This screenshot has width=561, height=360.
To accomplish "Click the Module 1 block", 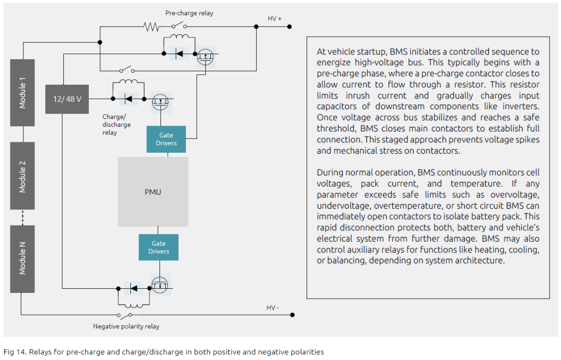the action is pyautogui.click(x=22, y=92).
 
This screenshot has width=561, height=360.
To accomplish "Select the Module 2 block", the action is pyautogui.click(x=22, y=176).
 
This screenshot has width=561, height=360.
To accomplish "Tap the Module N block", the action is pyautogui.click(x=22, y=259).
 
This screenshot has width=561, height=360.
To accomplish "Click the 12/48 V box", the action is pyautogui.click(x=67, y=99).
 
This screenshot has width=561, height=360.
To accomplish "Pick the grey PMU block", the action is pyautogui.click(x=153, y=192).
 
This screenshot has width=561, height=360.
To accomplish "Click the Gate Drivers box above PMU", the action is pyautogui.click(x=166, y=139).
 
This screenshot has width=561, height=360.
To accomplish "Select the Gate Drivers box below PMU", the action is pyautogui.click(x=158, y=247).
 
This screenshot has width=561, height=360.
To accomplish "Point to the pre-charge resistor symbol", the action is pyautogui.click(x=151, y=27).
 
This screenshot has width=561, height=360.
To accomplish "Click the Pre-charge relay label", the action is pyautogui.click(x=189, y=13).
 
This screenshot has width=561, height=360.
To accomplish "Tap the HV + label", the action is pyautogui.click(x=274, y=19).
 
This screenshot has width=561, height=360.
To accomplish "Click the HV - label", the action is pyautogui.click(x=273, y=308).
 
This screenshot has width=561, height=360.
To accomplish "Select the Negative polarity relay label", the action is pyautogui.click(x=126, y=326).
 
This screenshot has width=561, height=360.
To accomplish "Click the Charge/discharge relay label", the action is pyautogui.click(x=116, y=125).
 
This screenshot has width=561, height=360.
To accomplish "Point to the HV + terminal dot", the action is pyautogui.click(x=289, y=27).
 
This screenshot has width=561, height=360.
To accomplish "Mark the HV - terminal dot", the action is pyautogui.click(x=292, y=315).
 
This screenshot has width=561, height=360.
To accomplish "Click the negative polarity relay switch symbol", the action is pyautogui.click(x=125, y=315).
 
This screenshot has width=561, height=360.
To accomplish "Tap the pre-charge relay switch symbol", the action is pyautogui.click(x=179, y=25).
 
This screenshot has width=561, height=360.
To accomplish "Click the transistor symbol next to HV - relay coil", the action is pyautogui.click(x=159, y=285).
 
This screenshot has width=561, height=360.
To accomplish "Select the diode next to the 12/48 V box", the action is pyautogui.click(x=128, y=99).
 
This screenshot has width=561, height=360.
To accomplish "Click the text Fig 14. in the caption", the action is pyautogui.click(x=15, y=352).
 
